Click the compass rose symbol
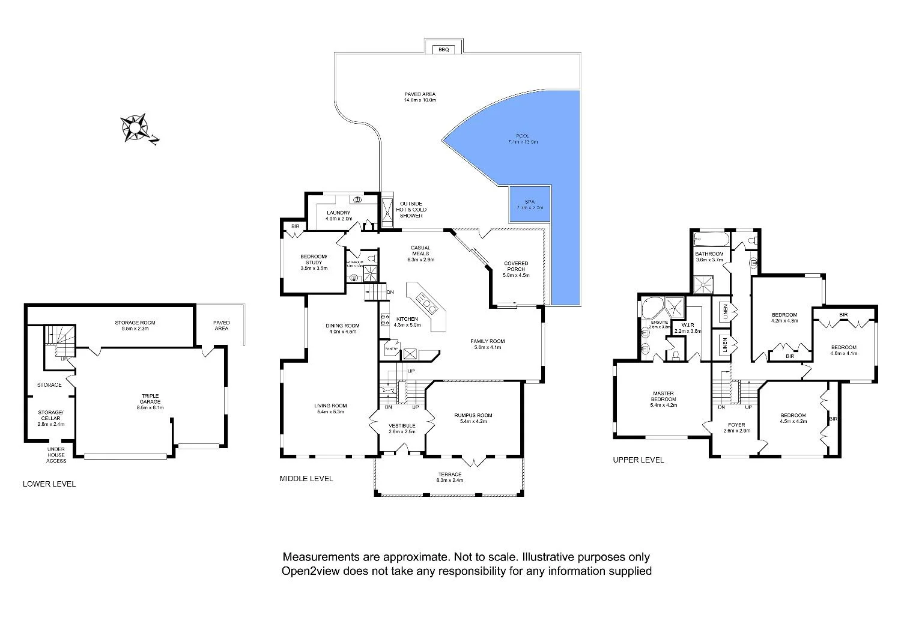tap(136, 128)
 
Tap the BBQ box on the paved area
tap(443, 49)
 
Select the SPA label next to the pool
tap(529, 204)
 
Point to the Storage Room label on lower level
tap(135, 326)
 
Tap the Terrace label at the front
tap(450, 478)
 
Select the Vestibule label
tap(402, 428)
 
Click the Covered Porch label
tap(516, 269)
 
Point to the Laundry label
tap(338, 216)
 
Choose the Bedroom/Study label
tap(313, 263)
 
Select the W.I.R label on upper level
tap(687, 328)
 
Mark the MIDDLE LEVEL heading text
tap(306, 479)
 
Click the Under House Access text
tap(57, 455)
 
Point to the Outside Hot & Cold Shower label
tap(409, 210)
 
